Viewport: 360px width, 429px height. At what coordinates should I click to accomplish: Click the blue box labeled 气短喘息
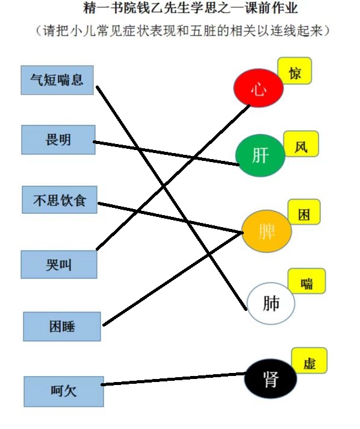(57, 80)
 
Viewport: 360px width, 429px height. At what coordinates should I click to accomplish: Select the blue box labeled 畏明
(58, 140)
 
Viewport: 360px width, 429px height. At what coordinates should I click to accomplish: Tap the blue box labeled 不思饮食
(60, 199)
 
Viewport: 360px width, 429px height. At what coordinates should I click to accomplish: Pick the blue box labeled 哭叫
(59, 265)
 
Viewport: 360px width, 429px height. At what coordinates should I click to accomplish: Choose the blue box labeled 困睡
(62, 327)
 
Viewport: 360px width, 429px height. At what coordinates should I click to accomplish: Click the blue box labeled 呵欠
(64, 391)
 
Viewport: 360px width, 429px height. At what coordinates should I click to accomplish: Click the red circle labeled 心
(258, 88)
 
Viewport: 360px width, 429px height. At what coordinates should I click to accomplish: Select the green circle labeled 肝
(260, 155)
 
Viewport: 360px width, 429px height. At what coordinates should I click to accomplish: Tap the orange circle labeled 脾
(267, 231)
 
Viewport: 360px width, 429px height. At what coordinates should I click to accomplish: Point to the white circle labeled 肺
(271, 303)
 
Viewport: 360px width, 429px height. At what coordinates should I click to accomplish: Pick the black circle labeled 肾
(270, 378)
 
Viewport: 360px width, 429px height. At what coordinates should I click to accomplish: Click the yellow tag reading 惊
(294, 71)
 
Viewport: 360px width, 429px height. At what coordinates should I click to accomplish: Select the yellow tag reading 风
(301, 144)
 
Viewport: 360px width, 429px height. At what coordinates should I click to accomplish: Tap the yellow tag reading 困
(304, 212)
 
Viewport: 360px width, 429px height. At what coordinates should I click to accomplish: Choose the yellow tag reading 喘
(306, 281)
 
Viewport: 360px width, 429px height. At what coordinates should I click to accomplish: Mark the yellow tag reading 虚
(309, 360)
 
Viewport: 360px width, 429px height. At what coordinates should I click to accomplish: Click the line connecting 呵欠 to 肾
(174, 379)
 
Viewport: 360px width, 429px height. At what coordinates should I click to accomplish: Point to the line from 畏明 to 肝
(166, 153)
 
